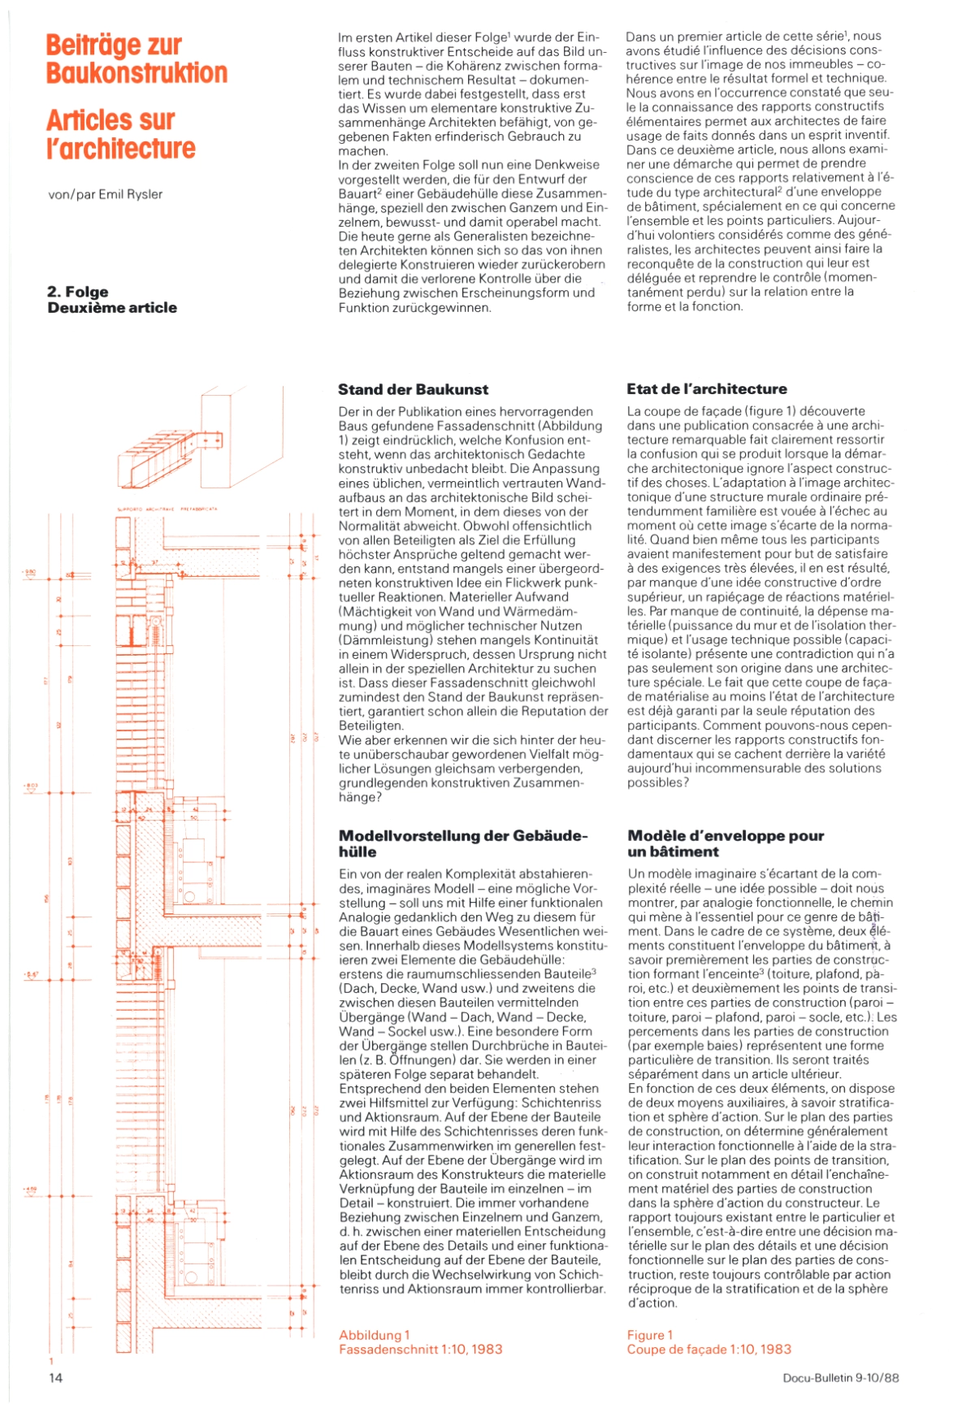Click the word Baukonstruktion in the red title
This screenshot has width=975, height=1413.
[x=136, y=73]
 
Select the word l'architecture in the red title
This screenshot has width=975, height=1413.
[x=121, y=149]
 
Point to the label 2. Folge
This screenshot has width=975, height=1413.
[x=78, y=292]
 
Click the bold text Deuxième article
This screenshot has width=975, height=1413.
[x=112, y=308]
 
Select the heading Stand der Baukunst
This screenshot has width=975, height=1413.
[x=414, y=389]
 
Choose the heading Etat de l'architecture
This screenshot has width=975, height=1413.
[x=707, y=389]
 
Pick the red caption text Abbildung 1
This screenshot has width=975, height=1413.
[x=375, y=1335]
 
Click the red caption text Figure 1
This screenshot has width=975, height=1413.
[x=650, y=1335]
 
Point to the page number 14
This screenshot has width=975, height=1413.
[x=55, y=1377]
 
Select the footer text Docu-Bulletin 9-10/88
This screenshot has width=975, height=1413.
[x=841, y=1378]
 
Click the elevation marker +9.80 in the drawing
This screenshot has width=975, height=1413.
[x=29, y=572]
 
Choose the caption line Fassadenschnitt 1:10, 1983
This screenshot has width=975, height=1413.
[x=421, y=1350]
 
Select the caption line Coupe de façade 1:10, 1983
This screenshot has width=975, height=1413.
[x=708, y=1350]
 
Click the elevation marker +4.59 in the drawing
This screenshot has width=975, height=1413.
[x=30, y=1190]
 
